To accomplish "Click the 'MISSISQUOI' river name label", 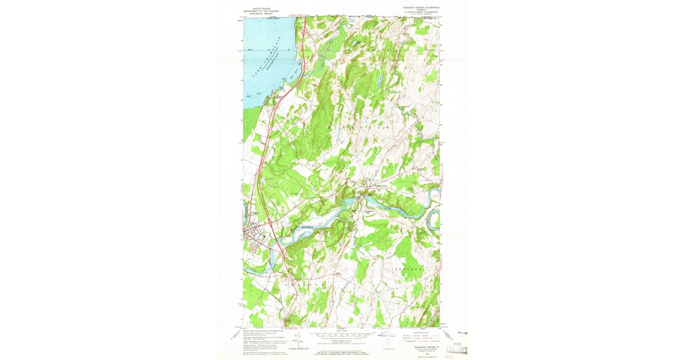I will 309,225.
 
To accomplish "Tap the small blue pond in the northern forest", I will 354,43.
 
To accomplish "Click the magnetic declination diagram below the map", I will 296,341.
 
